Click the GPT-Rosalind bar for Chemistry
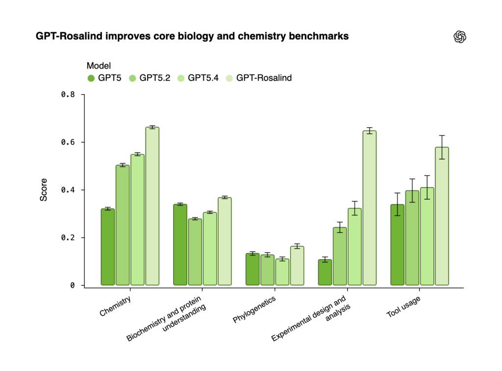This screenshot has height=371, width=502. pos(152,206)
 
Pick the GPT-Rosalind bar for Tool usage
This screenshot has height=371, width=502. pos(442,216)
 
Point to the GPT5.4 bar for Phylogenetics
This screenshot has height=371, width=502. pos(282,272)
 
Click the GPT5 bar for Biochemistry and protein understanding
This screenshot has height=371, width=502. pos(180,244)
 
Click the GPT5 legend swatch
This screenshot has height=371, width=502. pos(91,78)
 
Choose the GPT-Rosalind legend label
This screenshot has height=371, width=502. pos(264,78)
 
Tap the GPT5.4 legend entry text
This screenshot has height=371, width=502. pos(203,78)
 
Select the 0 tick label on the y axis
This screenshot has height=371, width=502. pos(72,285)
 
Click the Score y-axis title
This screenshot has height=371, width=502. pos(44,190)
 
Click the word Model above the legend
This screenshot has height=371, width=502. pos(99,66)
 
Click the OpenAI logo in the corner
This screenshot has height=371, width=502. pos(460,37)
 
